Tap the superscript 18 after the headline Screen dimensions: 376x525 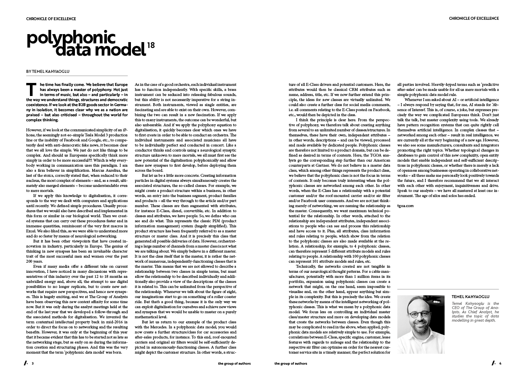tap(151, 46)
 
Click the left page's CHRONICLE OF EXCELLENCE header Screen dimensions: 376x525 tap(51, 19)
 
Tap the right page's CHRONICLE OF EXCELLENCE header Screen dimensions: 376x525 tap(474, 19)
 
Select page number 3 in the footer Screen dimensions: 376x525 tap(32, 363)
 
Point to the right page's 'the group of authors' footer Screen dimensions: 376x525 tap(290, 363)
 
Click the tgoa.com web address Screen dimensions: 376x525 tap(405, 205)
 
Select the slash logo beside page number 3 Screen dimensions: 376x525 tap(26, 363)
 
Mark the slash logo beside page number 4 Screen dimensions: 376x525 tap(493, 363)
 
